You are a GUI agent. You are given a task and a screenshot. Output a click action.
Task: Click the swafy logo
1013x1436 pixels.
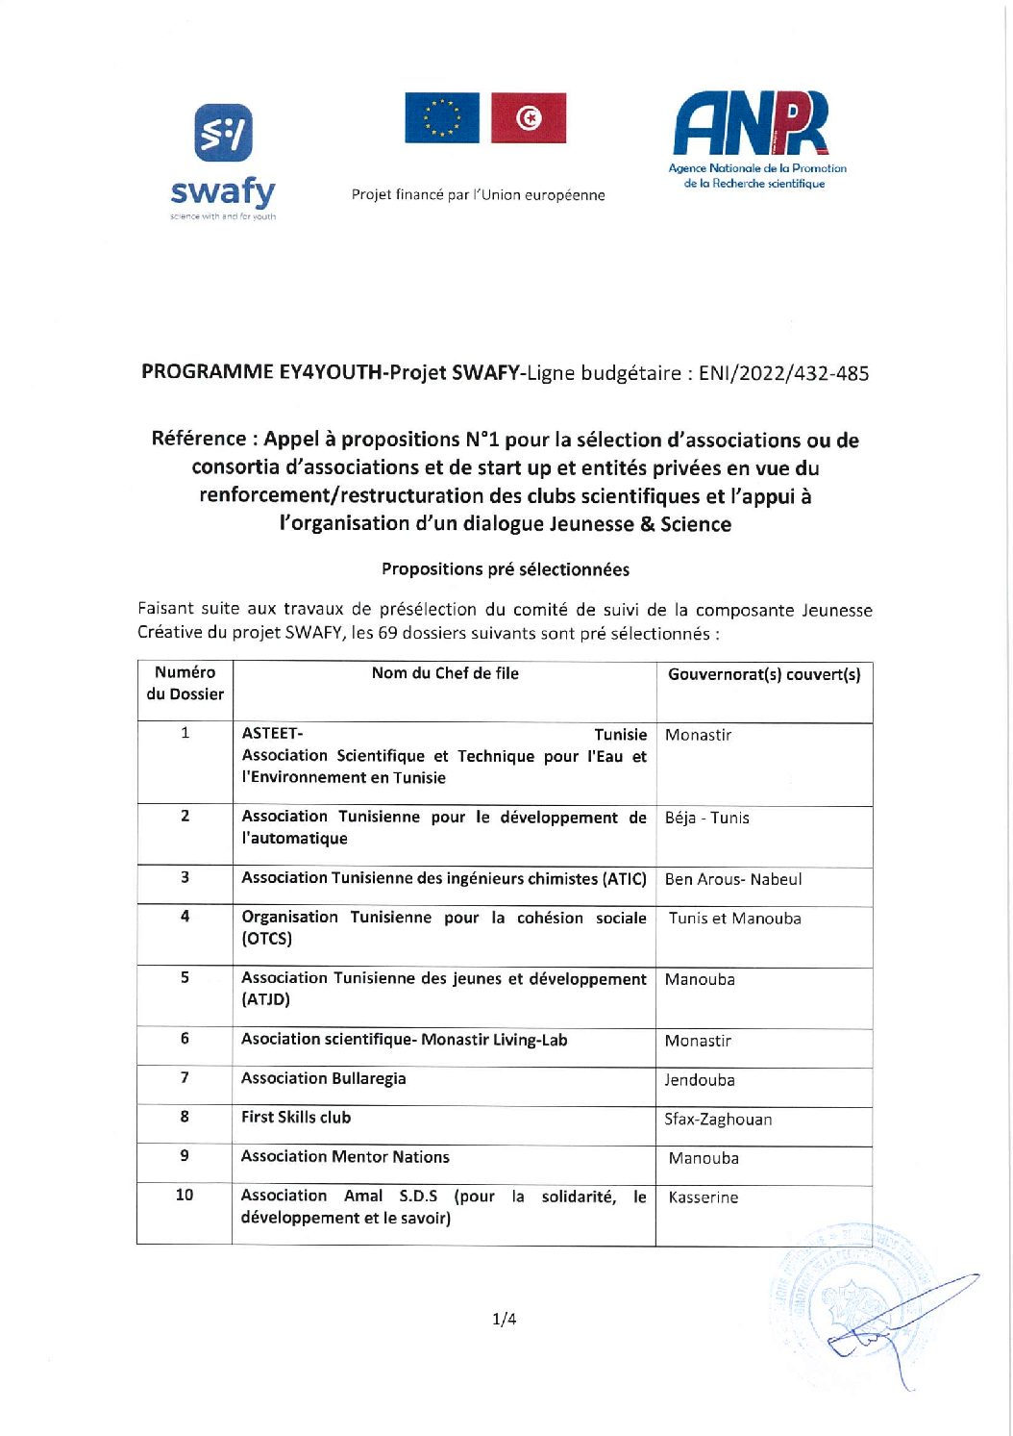(x=223, y=162)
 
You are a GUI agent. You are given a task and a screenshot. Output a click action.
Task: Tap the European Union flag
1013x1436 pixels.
(x=442, y=118)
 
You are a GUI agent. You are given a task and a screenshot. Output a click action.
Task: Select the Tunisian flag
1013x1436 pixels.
(x=529, y=118)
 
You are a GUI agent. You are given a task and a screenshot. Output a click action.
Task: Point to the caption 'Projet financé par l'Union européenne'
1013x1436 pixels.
(x=478, y=195)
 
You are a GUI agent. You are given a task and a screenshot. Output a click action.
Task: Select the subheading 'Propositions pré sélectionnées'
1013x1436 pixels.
(x=506, y=569)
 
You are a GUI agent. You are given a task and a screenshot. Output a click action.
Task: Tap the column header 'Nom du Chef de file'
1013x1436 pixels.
(x=445, y=673)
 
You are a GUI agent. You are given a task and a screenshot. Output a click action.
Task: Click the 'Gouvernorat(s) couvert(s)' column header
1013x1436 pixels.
(x=764, y=674)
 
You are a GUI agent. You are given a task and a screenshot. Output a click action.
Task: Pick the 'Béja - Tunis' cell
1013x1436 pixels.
(x=707, y=818)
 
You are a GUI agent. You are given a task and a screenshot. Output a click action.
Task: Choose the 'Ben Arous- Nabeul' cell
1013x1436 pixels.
(x=733, y=879)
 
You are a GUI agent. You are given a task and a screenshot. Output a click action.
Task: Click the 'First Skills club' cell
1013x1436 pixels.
(x=296, y=1118)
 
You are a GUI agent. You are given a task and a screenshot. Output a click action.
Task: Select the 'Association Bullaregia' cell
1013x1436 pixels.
(x=324, y=1078)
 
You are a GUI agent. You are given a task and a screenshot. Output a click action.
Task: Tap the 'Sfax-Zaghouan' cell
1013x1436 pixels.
(x=718, y=1120)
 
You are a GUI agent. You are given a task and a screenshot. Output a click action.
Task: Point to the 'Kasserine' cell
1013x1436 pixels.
(x=704, y=1197)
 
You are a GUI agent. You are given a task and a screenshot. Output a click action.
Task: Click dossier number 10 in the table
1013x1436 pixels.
(x=185, y=1195)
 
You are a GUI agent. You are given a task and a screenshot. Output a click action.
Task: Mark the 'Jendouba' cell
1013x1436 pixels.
(x=700, y=1080)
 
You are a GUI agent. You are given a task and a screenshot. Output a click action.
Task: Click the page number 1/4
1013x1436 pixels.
(x=505, y=1319)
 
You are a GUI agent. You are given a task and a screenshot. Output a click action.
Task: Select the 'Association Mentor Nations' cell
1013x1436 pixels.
(x=345, y=1157)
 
